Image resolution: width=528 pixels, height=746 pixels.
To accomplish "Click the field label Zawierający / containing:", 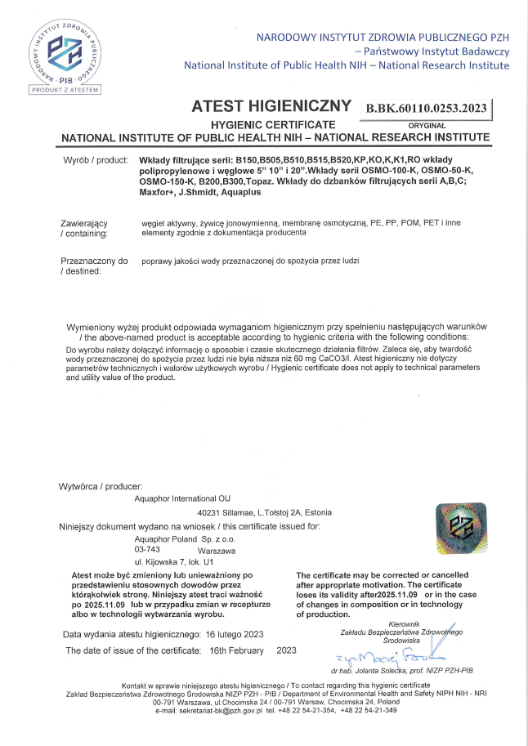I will tap(85, 228).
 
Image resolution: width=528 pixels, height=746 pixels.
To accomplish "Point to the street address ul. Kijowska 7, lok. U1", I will tap(172, 562).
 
